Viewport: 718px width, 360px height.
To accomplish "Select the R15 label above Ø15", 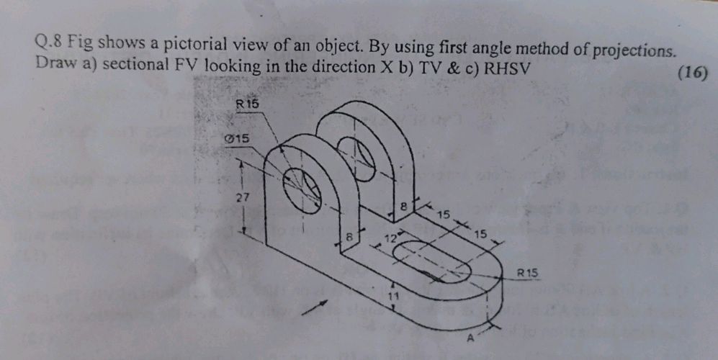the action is pyautogui.click(x=247, y=104).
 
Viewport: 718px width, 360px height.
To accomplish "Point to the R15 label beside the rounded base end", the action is pyautogui.click(x=528, y=272).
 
